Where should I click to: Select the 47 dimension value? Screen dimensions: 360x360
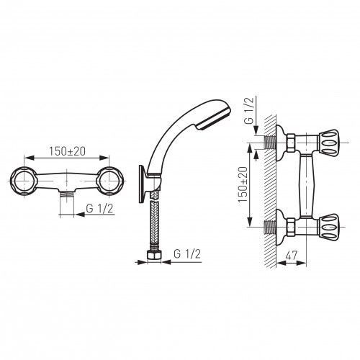pos(291,256)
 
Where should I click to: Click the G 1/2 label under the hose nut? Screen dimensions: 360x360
pos(187,254)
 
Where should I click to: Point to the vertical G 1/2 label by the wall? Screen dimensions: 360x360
pos(249,111)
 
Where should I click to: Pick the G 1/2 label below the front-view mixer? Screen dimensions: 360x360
pos(99,209)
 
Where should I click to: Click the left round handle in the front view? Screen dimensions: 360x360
pos(24,181)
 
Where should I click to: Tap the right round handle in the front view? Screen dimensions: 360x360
pos(109,181)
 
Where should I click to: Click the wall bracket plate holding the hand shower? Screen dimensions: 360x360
pos(142,184)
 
